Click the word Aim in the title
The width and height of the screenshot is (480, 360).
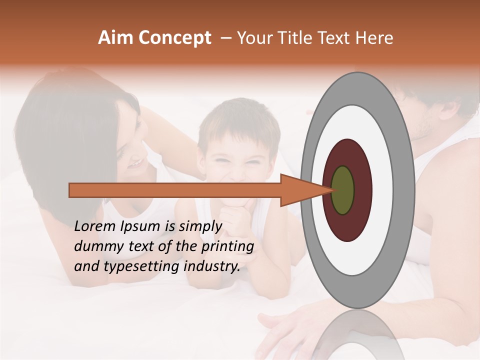[116, 38]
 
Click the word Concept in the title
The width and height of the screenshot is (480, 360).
[174, 38]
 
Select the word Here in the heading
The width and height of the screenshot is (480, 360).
[375, 38]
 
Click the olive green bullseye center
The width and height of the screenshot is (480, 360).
[343, 190]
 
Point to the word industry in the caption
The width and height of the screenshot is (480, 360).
[210, 266]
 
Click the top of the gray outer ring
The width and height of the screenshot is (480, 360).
[357, 80]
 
